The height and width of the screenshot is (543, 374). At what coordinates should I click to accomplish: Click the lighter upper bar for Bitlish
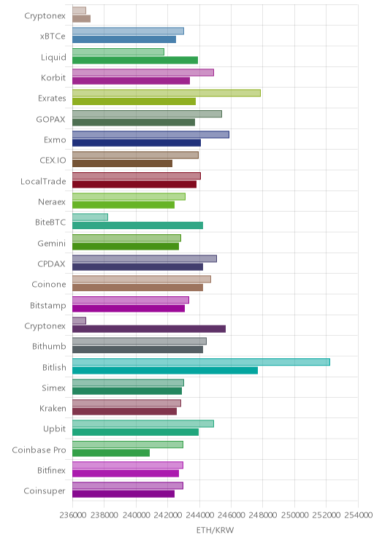[x=201, y=362]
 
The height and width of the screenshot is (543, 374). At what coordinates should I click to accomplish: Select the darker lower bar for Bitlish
[x=165, y=371]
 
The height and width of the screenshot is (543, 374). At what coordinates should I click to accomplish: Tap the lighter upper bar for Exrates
[x=167, y=93]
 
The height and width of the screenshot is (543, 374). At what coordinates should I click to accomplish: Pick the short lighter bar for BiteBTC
[x=90, y=217]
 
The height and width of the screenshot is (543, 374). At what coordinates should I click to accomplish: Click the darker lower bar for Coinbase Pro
[x=111, y=453]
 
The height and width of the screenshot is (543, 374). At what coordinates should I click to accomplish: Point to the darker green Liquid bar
[x=135, y=61]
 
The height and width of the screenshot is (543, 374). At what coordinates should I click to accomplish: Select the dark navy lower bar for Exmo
[x=137, y=143]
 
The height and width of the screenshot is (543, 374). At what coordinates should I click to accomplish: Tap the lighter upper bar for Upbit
[x=143, y=424]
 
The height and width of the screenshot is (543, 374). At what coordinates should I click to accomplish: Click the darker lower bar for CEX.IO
[x=123, y=163]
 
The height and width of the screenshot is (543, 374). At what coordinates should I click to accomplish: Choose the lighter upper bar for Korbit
[x=143, y=72]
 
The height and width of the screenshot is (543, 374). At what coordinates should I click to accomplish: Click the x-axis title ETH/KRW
[x=215, y=530]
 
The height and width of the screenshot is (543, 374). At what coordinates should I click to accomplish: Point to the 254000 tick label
[x=359, y=515]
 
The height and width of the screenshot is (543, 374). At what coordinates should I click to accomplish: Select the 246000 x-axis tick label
[x=232, y=515]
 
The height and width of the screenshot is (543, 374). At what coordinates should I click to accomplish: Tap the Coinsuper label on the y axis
[x=45, y=491]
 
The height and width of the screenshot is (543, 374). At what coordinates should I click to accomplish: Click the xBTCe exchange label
[x=53, y=36]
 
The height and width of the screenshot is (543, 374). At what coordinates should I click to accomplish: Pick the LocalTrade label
[x=43, y=181]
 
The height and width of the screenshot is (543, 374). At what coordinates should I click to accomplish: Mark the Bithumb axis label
[x=49, y=346]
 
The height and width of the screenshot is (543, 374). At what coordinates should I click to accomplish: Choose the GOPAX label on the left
[x=50, y=120]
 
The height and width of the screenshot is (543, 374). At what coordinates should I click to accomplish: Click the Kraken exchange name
[x=53, y=409]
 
